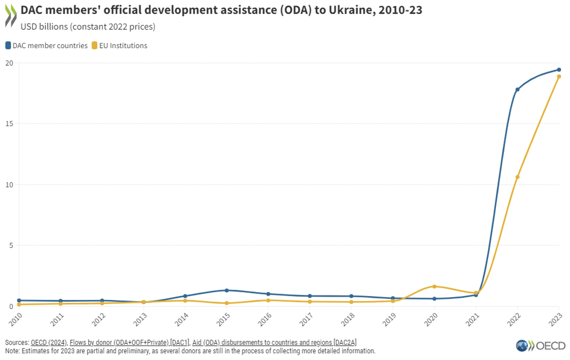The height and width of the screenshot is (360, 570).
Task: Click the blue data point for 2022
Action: (x=517, y=89)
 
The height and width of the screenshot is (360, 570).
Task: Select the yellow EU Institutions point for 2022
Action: (x=517, y=177)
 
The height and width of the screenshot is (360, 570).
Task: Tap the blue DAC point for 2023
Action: (x=559, y=70)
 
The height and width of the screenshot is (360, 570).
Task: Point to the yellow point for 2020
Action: (x=434, y=286)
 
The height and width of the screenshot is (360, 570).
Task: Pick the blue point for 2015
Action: (x=226, y=290)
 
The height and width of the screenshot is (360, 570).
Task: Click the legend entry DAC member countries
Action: (x=47, y=46)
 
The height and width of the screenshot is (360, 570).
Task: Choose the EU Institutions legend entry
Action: (x=120, y=46)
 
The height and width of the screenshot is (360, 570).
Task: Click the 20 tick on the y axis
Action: (x=9, y=63)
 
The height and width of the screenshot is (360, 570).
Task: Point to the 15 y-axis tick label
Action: (x=9, y=124)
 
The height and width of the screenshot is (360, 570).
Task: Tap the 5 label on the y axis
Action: (x=11, y=245)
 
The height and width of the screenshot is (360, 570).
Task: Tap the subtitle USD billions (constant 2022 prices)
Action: (x=88, y=27)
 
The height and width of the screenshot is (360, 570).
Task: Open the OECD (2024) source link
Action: (x=48, y=342)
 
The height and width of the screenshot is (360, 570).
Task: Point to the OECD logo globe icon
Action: (x=522, y=345)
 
